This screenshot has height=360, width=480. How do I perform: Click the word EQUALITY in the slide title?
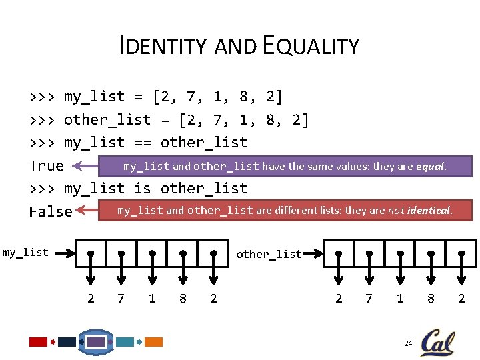311,46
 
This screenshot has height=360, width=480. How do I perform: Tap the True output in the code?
47,165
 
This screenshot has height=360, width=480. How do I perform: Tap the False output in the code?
51,211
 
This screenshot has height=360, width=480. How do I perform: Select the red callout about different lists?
285,211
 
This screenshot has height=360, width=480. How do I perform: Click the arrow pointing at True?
85,166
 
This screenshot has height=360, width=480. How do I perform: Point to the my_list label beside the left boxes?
26,252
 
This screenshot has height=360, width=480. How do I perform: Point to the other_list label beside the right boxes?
269,254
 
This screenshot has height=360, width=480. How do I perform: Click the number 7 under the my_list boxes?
121,299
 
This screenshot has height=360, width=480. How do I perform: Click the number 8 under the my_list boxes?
183,299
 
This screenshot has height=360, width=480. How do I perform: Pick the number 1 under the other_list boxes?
400,299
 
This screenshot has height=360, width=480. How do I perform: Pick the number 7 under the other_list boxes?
369,299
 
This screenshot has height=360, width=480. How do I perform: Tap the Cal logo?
437,343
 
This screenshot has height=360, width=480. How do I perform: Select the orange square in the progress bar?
153,342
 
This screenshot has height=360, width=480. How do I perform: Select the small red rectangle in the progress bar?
38,342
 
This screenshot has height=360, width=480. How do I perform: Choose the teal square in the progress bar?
125,342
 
